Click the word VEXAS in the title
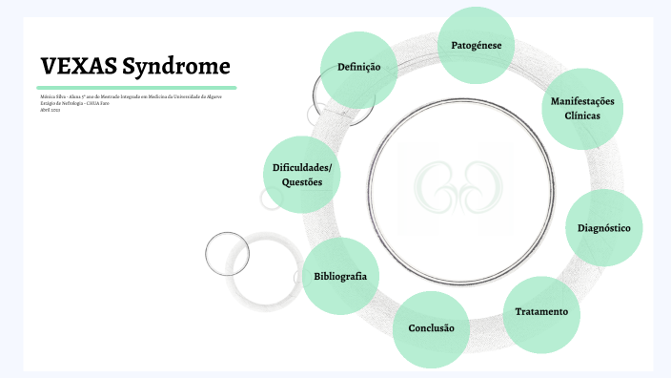point(79,67)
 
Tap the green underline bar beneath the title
point(137,88)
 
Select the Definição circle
point(358,68)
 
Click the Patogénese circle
point(477,46)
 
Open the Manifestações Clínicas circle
point(582,108)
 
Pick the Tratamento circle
point(541,312)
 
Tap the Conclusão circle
point(431,328)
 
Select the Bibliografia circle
point(340,276)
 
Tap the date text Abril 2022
point(51,110)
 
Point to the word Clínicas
point(582,115)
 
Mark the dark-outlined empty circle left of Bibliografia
point(228,253)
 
